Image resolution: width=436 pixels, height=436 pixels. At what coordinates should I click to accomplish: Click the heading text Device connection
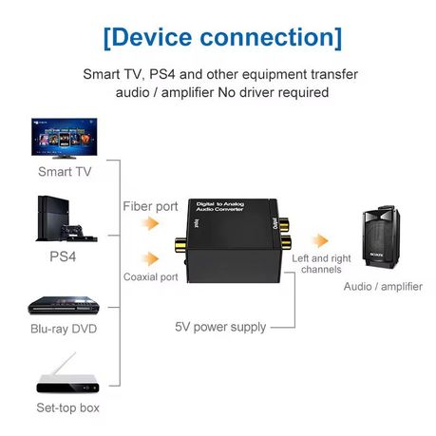[220, 37]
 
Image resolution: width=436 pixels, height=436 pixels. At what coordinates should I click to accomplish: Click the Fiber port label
[150, 206]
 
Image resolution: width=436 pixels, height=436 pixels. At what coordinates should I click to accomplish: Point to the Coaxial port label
[151, 277]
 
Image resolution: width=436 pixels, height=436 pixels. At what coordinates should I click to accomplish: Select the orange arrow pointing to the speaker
[321, 241]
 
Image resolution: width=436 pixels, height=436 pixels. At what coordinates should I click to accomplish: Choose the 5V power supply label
[220, 327]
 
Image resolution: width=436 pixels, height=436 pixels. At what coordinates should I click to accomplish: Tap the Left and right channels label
[321, 264]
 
